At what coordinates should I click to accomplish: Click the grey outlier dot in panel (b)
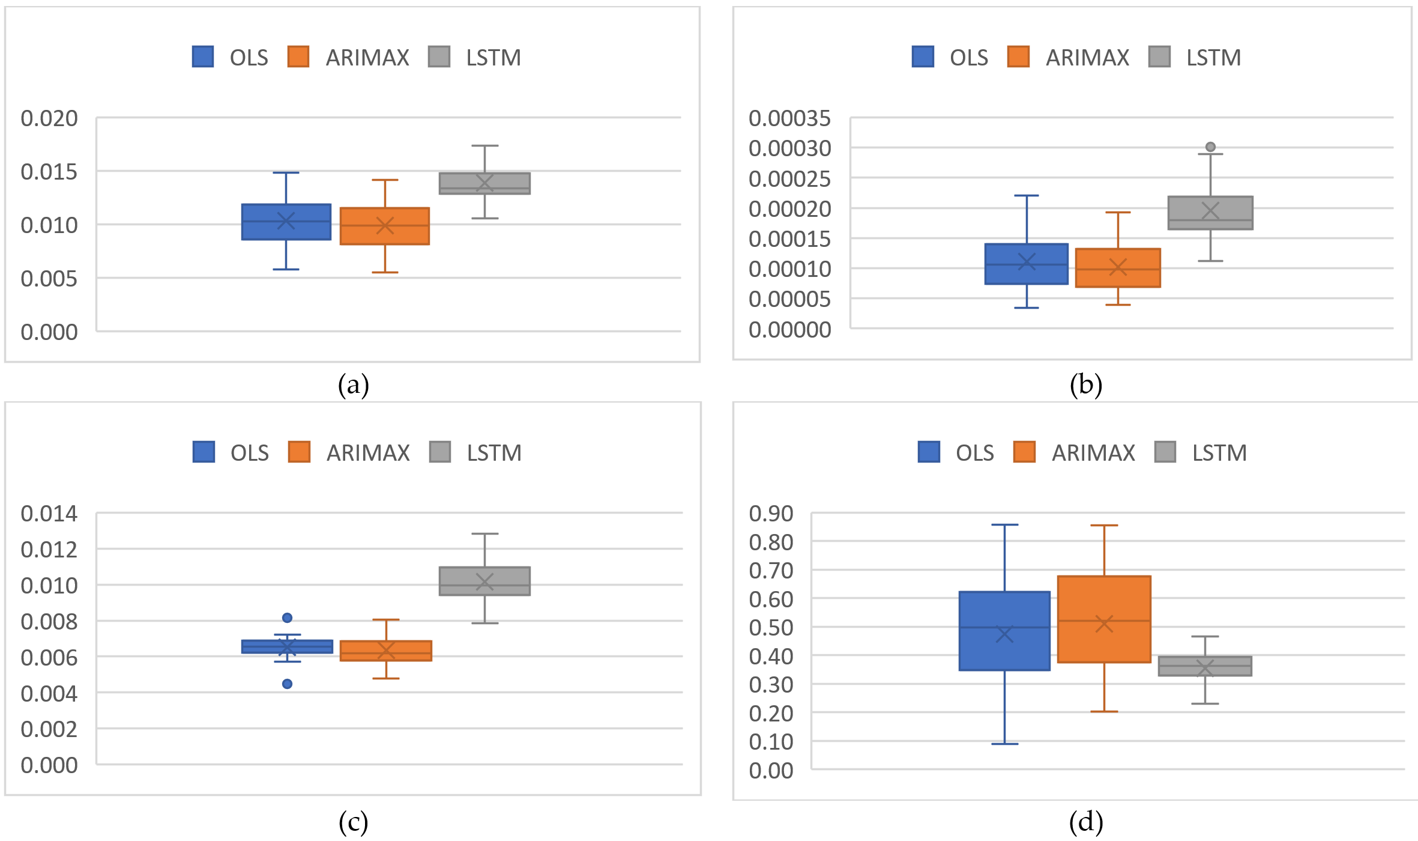[1210, 147]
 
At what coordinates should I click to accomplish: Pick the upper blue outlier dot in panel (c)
[287, 618]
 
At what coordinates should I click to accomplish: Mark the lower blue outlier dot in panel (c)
[287, 684]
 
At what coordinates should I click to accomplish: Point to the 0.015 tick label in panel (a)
[49, 172]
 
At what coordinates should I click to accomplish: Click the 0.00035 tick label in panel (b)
[789, 118]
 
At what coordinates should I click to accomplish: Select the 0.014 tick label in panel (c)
[49, 514]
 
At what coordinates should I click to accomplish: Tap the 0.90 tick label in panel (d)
[771, 514]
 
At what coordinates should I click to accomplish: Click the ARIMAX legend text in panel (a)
[367, 58]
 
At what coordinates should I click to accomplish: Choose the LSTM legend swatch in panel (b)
[1159, 57]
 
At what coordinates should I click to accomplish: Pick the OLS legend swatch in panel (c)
[204, 452]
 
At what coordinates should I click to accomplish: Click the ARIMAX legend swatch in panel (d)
[1024, 452]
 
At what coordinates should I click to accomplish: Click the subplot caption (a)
[353, 385]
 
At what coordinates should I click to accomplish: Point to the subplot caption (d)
[1085, 822]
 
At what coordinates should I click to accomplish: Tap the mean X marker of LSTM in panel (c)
[484, 581]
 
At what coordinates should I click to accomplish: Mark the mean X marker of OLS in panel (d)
[1004, 634]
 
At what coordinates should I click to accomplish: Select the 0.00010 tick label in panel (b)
[789, 269]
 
